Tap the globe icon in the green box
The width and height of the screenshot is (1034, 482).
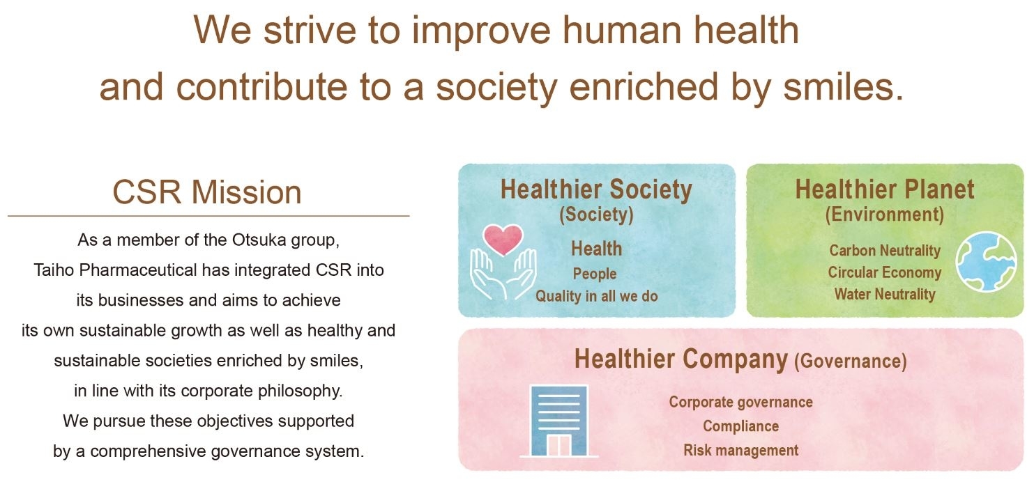click(x=986, y=261)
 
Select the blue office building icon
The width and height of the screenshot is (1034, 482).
click(x=559, y=421)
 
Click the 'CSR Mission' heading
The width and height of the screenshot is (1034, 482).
click(x=207, y=192)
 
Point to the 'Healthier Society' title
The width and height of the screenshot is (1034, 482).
click(x=596, y=189)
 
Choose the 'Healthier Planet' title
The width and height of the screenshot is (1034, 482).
click(x=884, y=189)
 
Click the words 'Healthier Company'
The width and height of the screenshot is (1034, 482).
click(x=681, y=359)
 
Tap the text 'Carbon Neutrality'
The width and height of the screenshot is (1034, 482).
click(x=884, y=251)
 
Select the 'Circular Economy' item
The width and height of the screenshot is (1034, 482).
click(x=884, y=272)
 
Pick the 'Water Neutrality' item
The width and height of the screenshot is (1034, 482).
click(x=884, y=294)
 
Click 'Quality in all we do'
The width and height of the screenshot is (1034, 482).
click(x=596, y=296)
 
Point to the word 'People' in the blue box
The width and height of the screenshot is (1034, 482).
click(x=595, y=274)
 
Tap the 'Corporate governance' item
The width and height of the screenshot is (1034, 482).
click(x=741, y=402)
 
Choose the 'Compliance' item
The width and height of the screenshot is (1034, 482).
click(x=741, y=426)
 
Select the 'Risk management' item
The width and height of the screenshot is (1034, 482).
click(x=741, y=450)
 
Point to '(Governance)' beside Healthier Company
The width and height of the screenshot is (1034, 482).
click(x=851, y=361)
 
